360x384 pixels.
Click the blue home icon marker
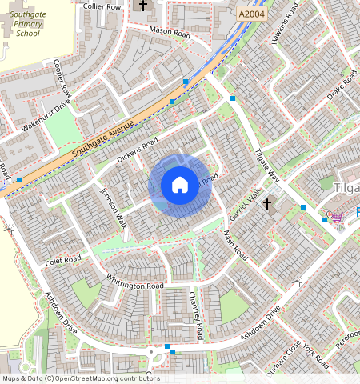[x=180, y=185]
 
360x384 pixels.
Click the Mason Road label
[x=170, y=34]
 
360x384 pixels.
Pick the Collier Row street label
[x=102, y=6]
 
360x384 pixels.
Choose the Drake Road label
[x=342, y=85]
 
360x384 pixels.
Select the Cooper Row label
[x=62, y=77]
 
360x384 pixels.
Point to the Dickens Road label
[x=138, y=149]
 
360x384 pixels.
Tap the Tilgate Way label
[x=267, y=165]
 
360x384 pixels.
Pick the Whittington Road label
[x=135, y=282]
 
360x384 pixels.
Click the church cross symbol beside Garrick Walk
[x=268, y=204]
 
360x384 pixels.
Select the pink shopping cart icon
[x=336, y=216]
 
